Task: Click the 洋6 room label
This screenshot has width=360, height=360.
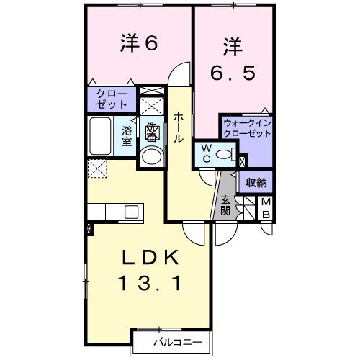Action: point(138,44)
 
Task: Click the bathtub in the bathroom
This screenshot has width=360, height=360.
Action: point(100,135)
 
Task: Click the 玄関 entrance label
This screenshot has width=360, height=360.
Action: point(225,204)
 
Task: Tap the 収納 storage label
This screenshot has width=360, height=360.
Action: point(256,182)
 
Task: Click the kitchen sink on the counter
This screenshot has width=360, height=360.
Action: point(132,211)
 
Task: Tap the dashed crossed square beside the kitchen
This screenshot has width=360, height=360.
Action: point(96,169)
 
